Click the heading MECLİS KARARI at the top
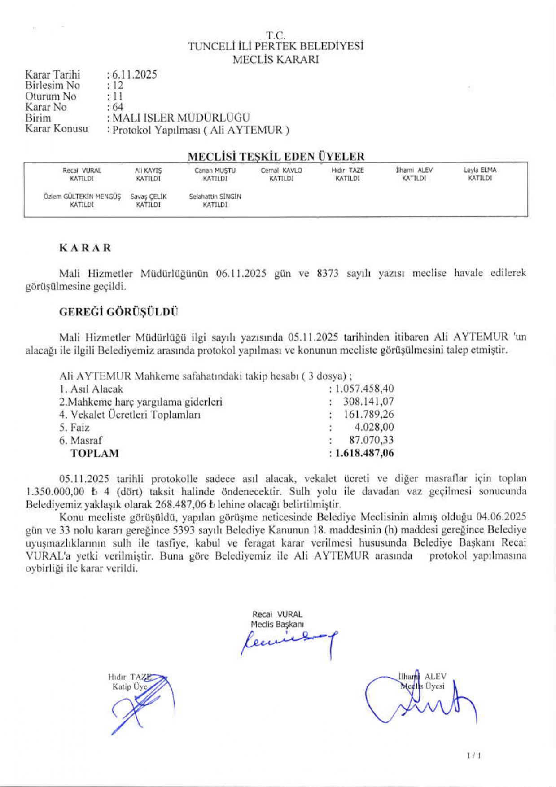pos(276,60)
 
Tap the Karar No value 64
pos(118,107)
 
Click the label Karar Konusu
pos(57,129)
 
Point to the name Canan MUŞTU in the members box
pos(215,171)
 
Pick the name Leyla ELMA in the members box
pos(480,171)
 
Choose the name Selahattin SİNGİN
pos(215,197)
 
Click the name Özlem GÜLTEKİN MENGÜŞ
pos(82,197)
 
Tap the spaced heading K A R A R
pos(85,248)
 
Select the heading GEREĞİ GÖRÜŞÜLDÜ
pos(118,312)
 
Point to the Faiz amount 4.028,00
pos(374,427)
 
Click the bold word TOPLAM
pos(95,453)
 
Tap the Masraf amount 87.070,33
pos(371,440)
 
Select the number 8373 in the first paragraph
pos(327,273)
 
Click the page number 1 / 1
pos(474,756)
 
